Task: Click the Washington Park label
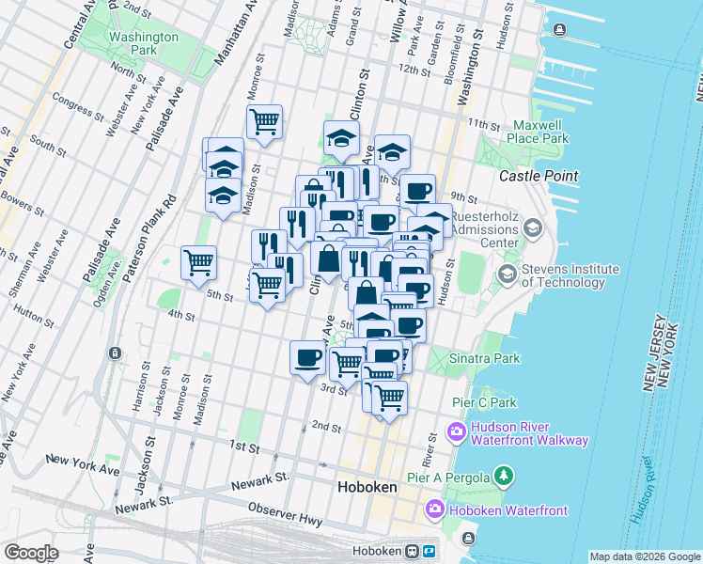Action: [143, 44]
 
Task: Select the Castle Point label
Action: [538, 176]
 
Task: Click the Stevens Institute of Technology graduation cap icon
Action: [508, 274]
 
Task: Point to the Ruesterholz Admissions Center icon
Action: [533, 228]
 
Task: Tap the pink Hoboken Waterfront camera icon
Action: [434, 510]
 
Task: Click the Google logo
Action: [32, 552]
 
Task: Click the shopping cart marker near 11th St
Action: [264, 120]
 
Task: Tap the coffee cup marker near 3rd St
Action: [308, 357]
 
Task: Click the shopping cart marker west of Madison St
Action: [198, 262]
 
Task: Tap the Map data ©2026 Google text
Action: [644, 556]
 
